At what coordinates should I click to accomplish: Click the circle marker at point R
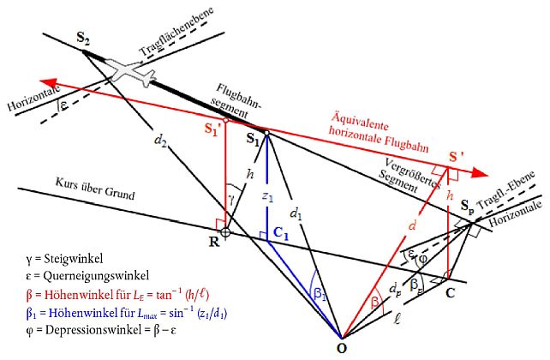[224, 231]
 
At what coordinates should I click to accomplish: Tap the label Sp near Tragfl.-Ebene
[469, 207]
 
